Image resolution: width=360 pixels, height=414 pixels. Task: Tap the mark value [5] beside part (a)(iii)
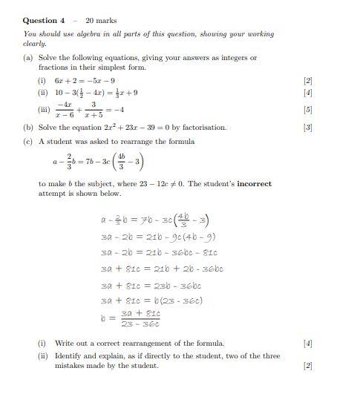(x=308, y=110)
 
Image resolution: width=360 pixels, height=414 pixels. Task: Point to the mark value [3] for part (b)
(x=308, y=128)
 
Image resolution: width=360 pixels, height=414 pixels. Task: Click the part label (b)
(x=27, y=128)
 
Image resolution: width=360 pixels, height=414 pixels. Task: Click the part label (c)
(x=27, y=141)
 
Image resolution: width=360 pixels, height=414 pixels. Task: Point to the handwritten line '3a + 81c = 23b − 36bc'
(x=151, y=286)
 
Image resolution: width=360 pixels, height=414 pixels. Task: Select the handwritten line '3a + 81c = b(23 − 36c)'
(x=151, y=300)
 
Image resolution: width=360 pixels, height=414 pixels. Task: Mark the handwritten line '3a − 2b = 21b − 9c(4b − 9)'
(x=157, y=237)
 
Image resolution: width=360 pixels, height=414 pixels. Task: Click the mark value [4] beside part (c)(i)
(x=308, y=344)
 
